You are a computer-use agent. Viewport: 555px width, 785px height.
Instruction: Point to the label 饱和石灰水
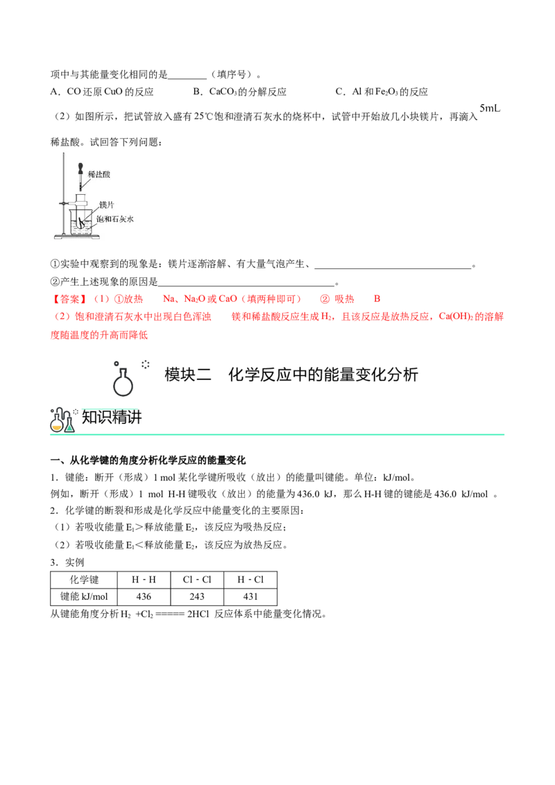[x=114, y=218]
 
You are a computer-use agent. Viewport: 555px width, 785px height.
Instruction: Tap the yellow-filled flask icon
[x=57, y=426]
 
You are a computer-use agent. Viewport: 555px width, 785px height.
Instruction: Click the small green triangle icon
[x=69, y=427]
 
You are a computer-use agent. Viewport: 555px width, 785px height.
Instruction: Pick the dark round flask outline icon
[x=122, y=386]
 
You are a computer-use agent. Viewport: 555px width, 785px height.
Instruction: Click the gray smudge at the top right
[x=490, y=108]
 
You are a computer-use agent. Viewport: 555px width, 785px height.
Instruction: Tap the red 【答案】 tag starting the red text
[x=69, y=300]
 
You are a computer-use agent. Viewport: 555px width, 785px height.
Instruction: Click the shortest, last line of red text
[x=99, y=335]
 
